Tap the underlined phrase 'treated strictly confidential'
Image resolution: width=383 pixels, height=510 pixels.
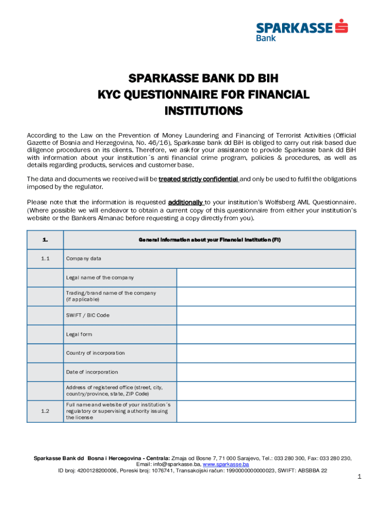coord(198,179)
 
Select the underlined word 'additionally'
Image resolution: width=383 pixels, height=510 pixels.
coord(186,202)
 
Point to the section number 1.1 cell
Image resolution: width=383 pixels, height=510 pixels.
coord(45,258)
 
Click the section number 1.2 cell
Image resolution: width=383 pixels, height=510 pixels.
coord(45,411)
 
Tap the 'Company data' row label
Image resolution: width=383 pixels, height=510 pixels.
coord(84,258)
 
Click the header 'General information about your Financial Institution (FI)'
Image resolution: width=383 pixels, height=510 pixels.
coord(209,240)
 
